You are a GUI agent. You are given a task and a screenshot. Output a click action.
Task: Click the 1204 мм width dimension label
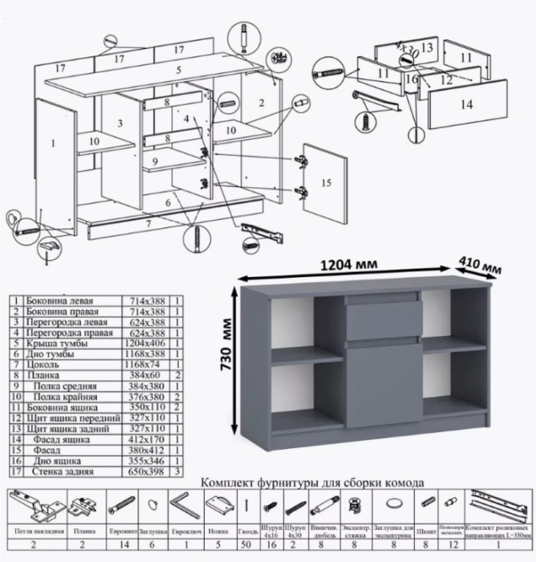click(347, 266)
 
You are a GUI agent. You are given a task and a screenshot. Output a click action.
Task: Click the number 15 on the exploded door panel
click(327, 182)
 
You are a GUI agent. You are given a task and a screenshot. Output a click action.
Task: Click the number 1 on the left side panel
click(54, 144)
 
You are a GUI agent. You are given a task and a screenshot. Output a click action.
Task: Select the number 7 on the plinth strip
click(148, 223)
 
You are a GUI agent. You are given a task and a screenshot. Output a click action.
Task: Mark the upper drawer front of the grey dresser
click(383, 319)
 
